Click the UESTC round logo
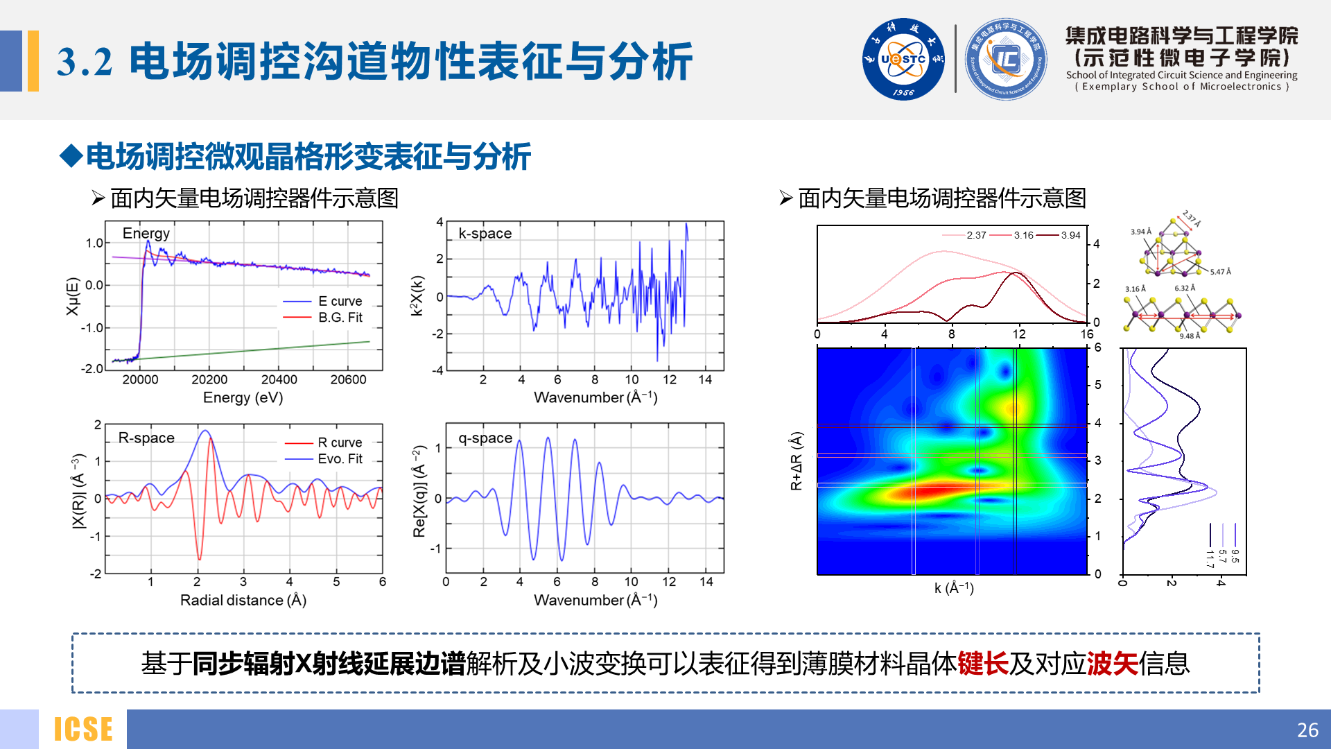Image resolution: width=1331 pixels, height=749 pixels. [903, 59]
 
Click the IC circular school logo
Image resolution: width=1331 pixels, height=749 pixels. [1005, 59]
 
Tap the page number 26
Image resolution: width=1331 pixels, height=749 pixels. [1307, 730]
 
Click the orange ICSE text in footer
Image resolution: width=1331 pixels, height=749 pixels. [83, 730]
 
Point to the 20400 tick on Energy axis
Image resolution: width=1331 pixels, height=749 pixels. [279, 379]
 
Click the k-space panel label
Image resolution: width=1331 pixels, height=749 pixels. [485, 234]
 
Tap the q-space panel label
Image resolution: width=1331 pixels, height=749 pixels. [485, 438]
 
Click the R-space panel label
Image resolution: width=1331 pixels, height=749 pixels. [146, 438]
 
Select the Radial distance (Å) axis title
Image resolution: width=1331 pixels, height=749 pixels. [243, 600]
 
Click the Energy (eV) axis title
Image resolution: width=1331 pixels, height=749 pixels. [243, 397]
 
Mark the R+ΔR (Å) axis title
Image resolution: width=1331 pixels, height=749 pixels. [796, 460]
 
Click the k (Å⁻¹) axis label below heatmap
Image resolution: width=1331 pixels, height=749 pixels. [954, 588]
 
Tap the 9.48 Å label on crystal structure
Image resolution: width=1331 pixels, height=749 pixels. [1190, 336]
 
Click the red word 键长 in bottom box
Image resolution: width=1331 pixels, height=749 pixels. [982, 664]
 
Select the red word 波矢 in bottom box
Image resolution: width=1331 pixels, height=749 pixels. [1112, 664]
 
